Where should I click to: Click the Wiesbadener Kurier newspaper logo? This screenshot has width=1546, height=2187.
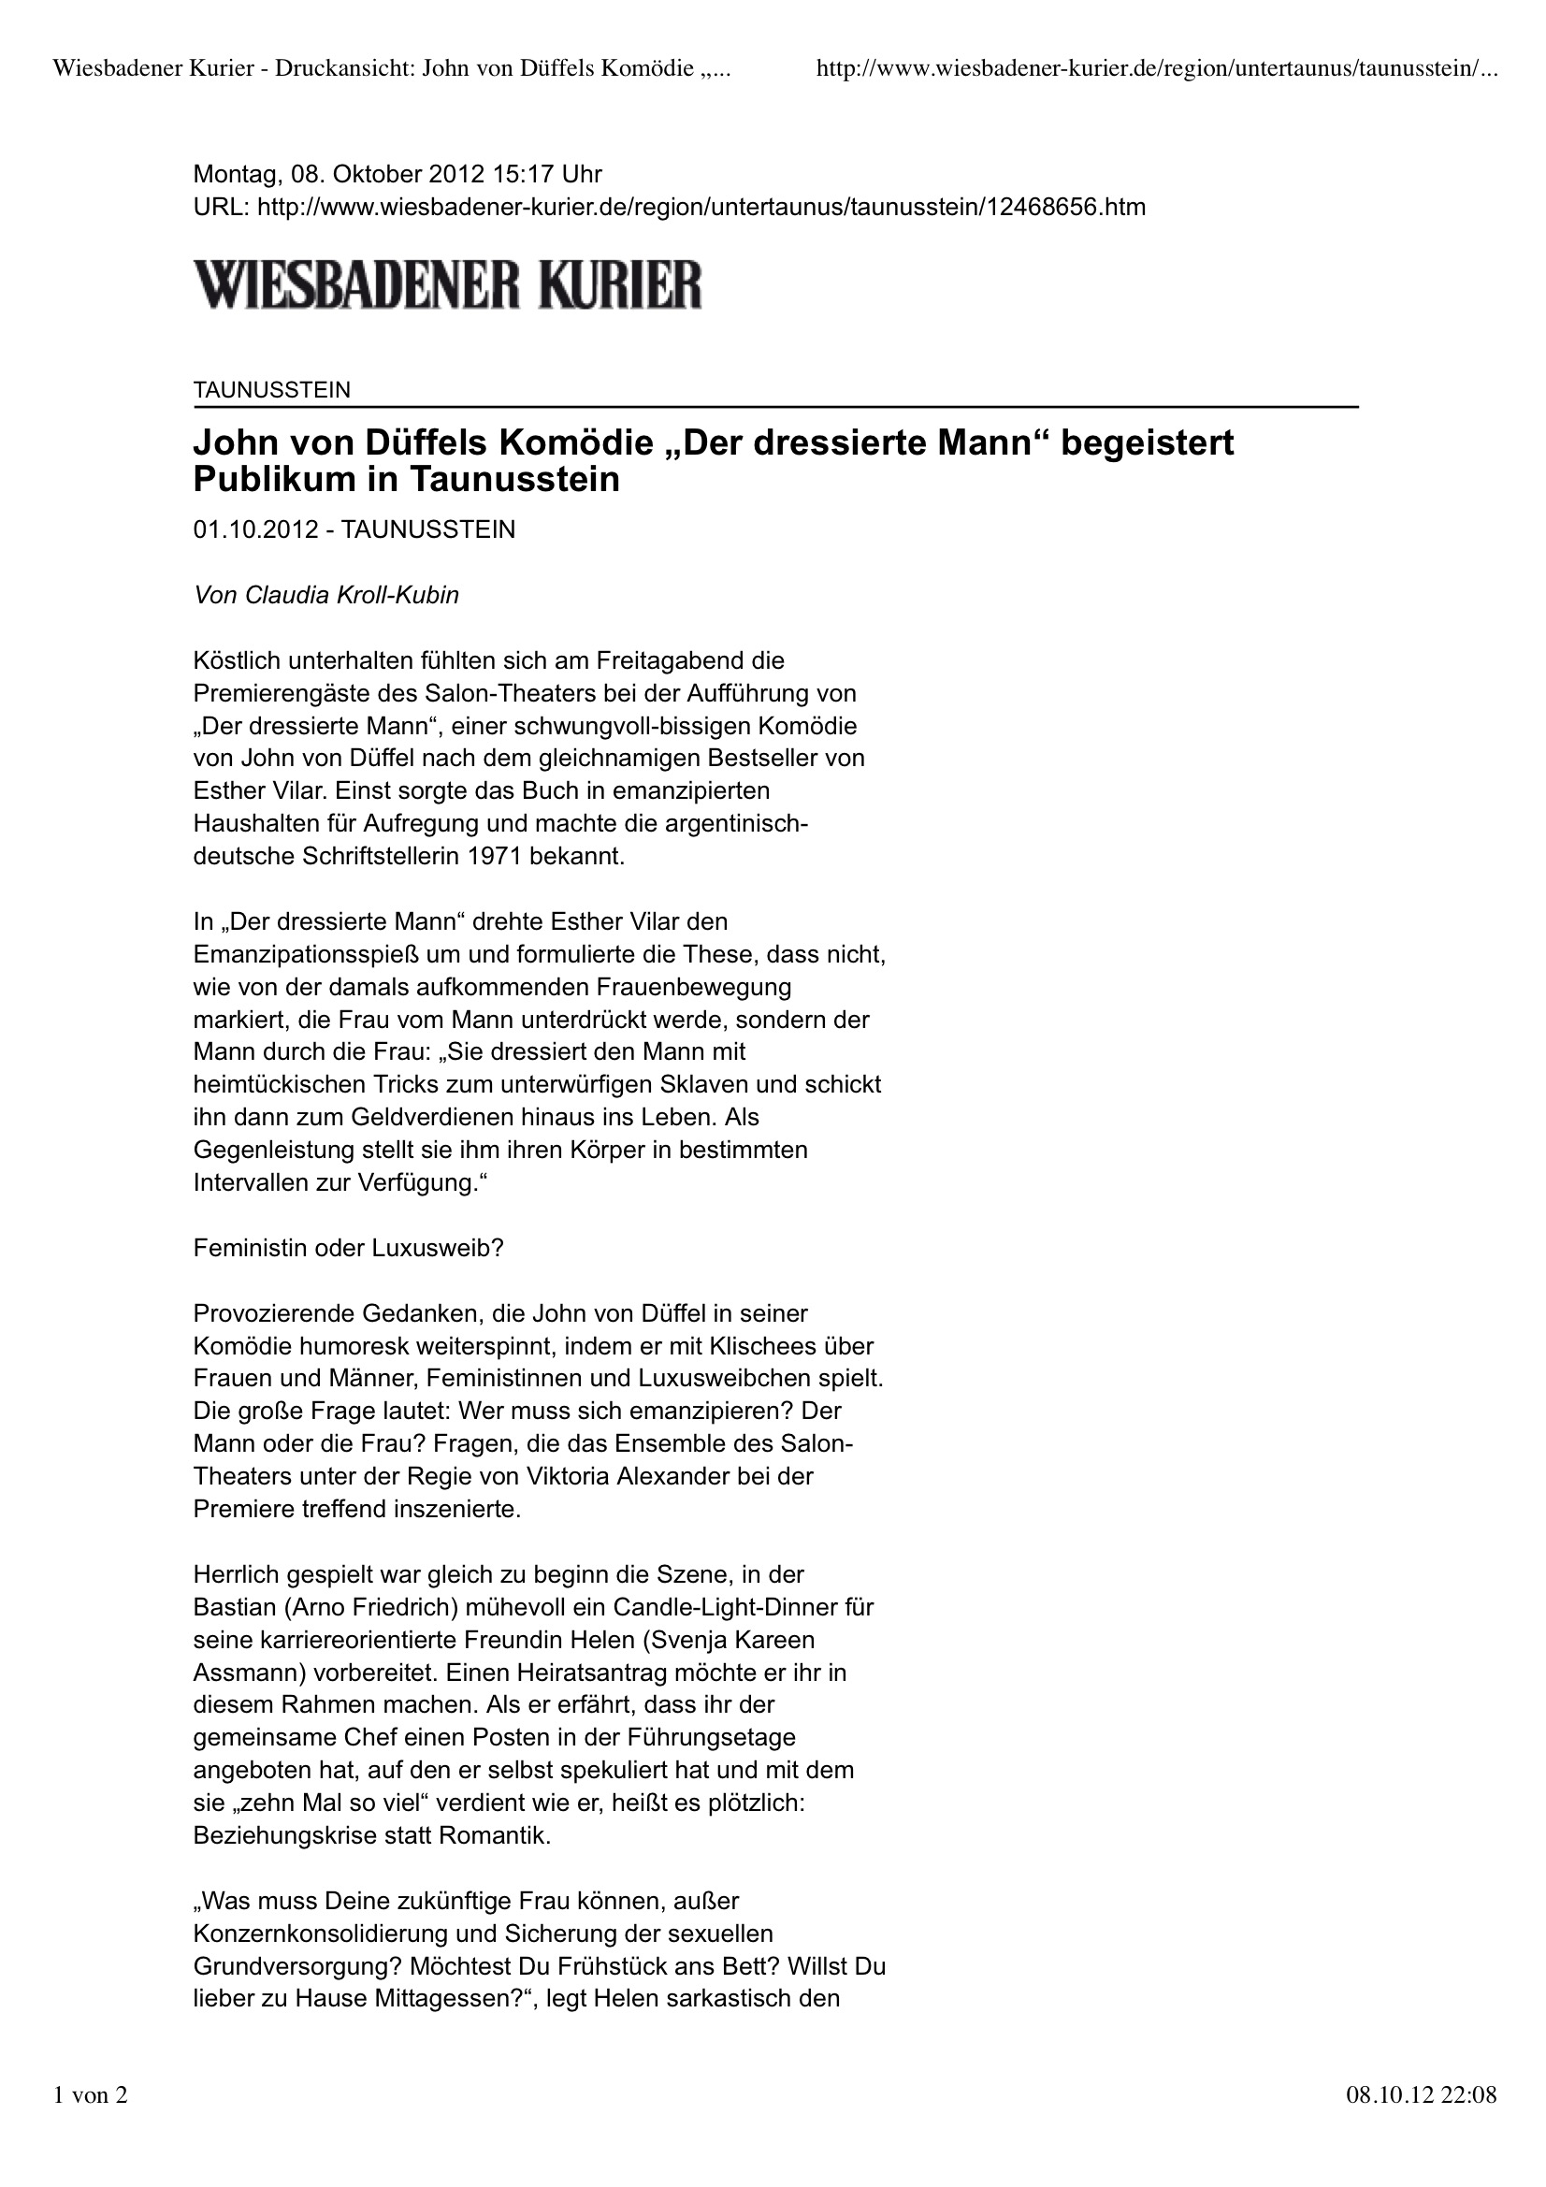point(448,283)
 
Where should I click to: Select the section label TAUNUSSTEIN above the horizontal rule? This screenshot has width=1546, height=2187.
point(271,389)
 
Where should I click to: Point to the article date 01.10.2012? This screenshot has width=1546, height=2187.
point(255,529)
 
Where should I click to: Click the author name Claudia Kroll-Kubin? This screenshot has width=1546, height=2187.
point(352,595)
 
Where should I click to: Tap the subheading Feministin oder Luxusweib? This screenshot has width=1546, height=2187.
point(348,1248)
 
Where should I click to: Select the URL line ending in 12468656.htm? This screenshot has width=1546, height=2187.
point(669,207)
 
